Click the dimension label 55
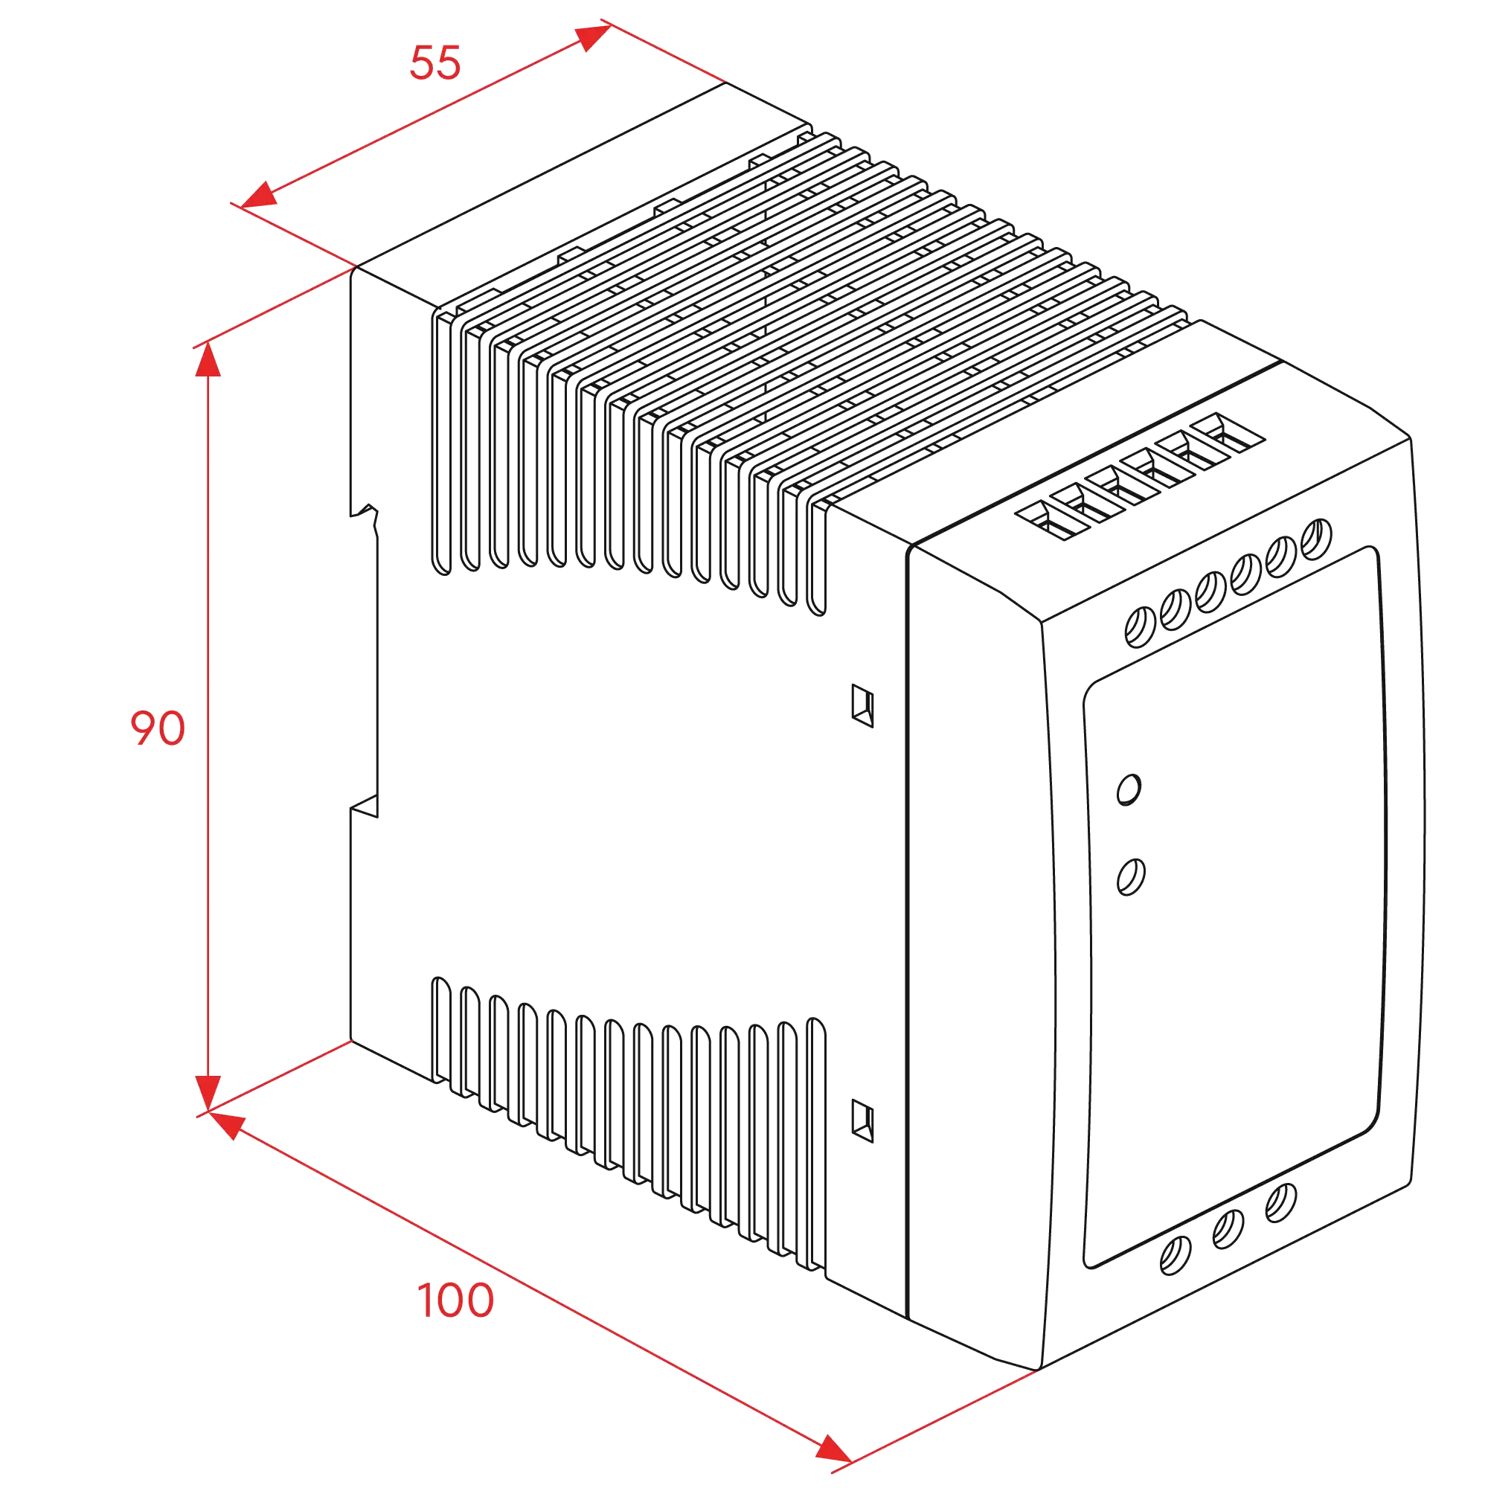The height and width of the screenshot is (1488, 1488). (435, 62)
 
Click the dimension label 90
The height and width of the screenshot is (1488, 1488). (158, 728)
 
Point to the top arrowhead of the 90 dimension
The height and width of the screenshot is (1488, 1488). (208, 359)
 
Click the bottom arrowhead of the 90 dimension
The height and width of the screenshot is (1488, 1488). (208, 1093)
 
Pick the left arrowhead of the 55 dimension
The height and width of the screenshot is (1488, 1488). (259, 195)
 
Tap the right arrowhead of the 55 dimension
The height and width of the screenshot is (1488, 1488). (594, 37)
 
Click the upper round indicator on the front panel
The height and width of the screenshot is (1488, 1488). (1129, 790)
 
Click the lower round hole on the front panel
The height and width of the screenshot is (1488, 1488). (1131, 877)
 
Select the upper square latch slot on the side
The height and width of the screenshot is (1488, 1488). (862, 705)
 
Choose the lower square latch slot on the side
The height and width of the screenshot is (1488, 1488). (862, 1121)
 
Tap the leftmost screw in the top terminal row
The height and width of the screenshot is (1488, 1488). (1140, 627)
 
